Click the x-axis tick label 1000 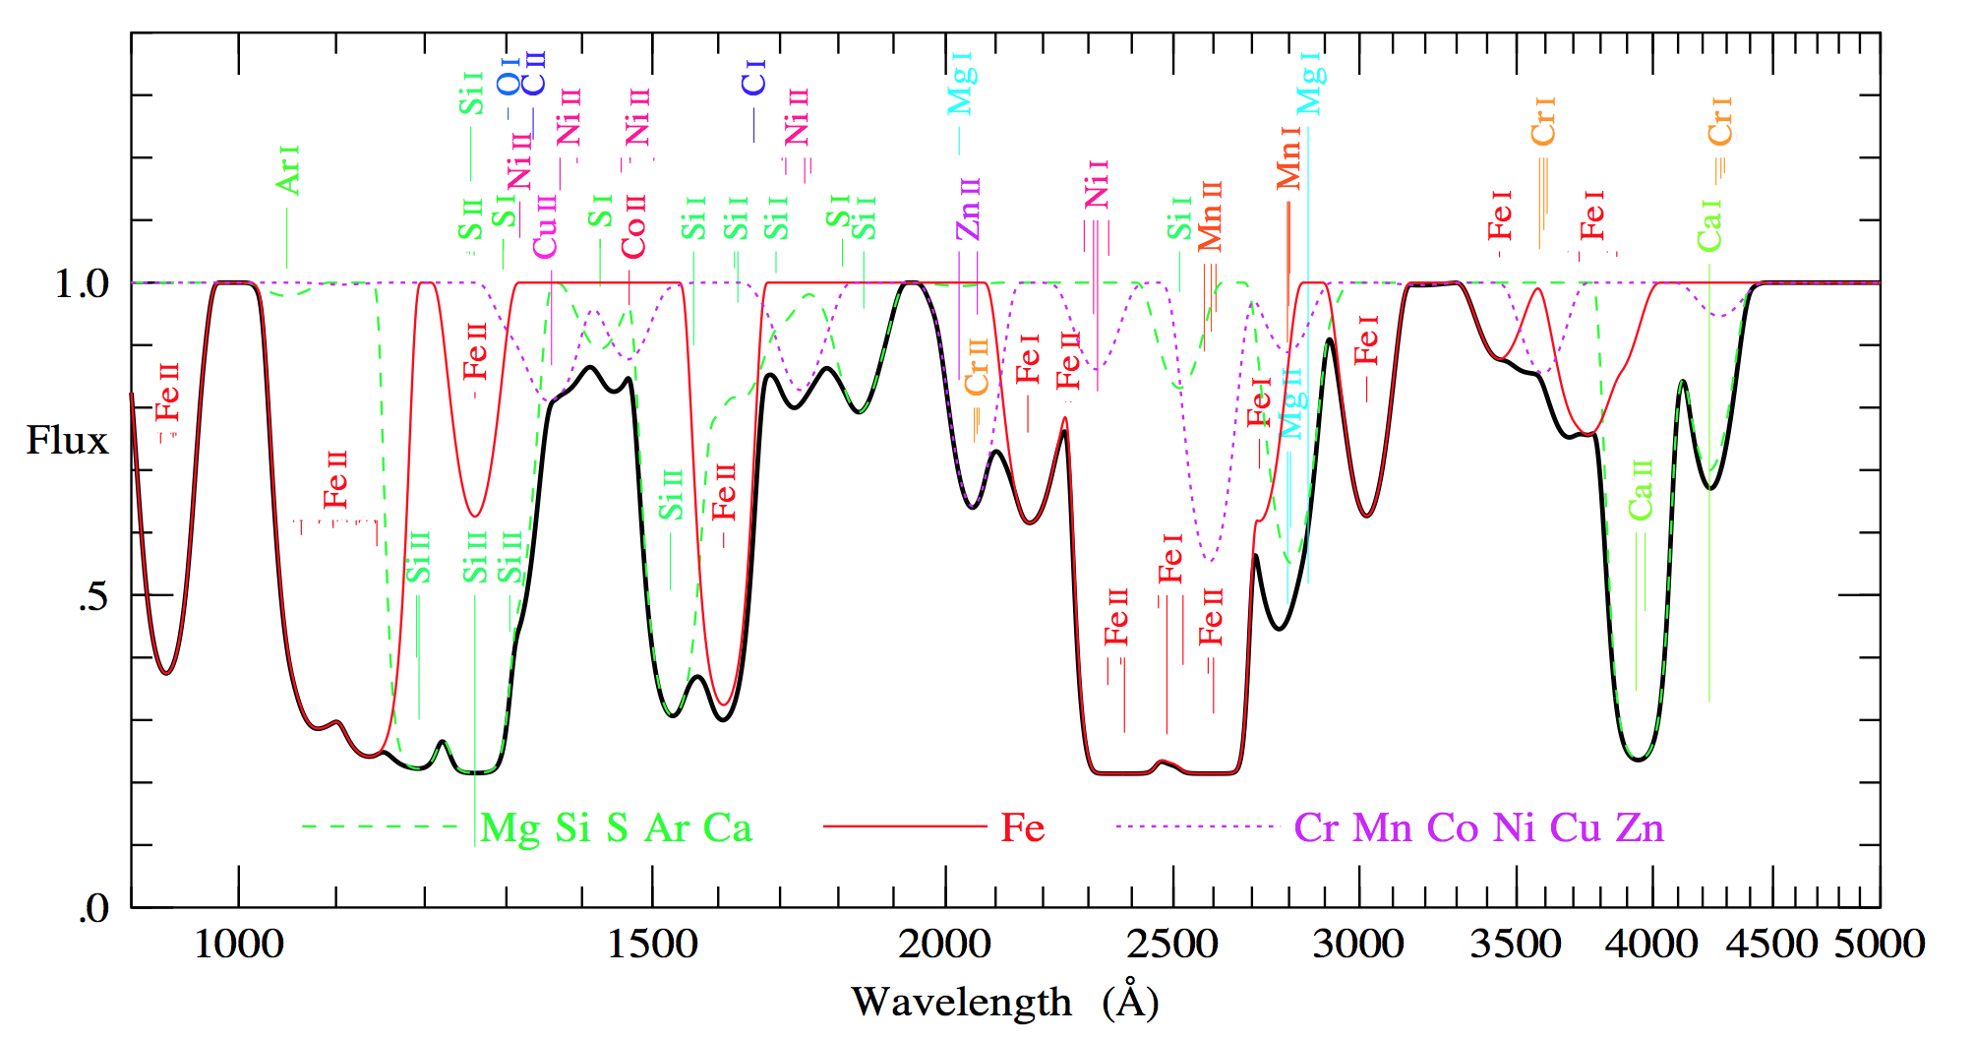tap(239, 945)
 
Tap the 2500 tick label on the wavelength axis tap(1171, 945)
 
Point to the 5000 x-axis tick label tap(1880, 945)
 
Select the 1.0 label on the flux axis tap(82, 284)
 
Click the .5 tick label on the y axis tap(92, 597)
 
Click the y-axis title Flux tap(67, 441)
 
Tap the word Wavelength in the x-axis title tap(961, 1003)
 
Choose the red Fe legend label tap(1023, 827)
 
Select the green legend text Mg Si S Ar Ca tap(616, 828)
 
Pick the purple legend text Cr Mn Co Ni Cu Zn tap(1479, 828)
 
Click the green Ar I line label tap(287, 170)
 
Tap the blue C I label tap(753, 78)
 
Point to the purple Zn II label tap(969, 209)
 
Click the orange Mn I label tap(1288, 157)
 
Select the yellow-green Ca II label tap(1641, 489)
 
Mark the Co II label tap(634, 226)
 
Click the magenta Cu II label tap(545, 226)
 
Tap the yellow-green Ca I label tap(1709, 225)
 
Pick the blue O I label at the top tap(508, 76)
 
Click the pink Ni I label tap(1097, 184)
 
